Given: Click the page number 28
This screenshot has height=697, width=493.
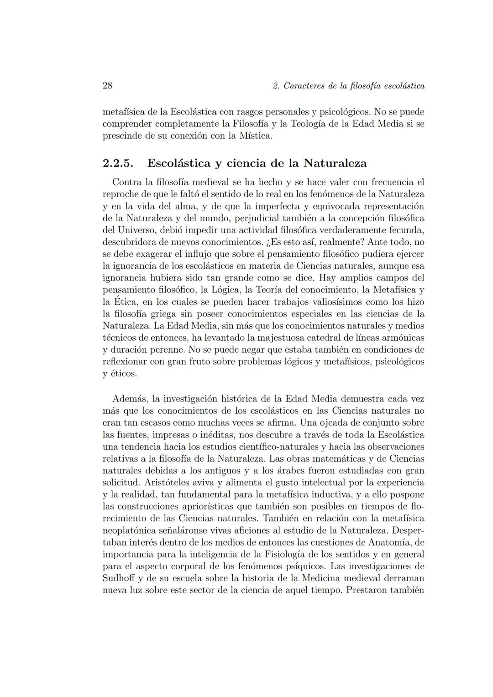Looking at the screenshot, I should tap(107, 86).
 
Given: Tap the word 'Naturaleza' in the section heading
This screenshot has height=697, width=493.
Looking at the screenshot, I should tap(335, 163).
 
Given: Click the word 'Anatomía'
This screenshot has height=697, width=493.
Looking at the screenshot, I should tap(393, 542).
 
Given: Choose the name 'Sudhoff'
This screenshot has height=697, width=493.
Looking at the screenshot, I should tap(118, 578).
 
